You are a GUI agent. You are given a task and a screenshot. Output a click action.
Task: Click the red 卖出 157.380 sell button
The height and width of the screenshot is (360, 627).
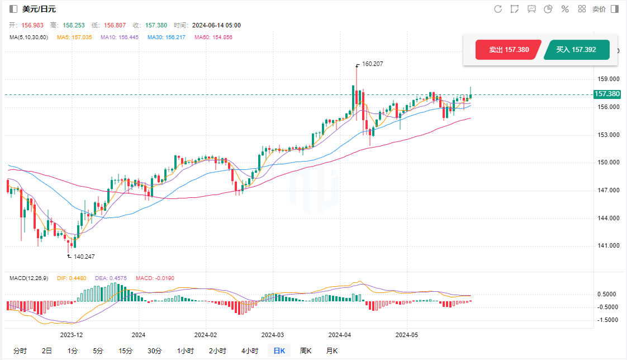508,50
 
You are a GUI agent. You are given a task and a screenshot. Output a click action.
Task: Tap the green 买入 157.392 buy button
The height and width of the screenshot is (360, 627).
576,50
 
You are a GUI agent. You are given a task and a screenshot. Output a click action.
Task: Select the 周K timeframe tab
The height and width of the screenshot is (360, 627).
306,351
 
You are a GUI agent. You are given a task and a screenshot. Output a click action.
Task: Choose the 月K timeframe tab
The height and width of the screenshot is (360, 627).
332,351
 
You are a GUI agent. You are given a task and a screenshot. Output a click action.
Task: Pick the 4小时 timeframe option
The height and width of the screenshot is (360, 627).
249,351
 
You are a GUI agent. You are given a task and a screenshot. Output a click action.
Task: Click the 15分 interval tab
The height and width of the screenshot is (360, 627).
125,351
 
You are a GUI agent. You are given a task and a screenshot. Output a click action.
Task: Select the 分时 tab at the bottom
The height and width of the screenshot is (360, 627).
20,351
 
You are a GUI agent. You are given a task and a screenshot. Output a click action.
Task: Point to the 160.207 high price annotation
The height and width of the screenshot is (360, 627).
372,64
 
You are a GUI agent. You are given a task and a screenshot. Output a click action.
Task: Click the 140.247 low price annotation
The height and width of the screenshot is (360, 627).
84,257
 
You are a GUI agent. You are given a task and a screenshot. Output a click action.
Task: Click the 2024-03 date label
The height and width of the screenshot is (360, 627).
272,335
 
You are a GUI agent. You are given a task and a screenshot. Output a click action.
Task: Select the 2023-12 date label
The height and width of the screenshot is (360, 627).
72,335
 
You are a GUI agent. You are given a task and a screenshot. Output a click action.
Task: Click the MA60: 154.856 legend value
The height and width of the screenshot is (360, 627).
213,37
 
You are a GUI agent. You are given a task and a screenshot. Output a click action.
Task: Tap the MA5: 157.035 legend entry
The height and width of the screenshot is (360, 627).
74,37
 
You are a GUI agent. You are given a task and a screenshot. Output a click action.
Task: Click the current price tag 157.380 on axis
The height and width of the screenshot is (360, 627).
607,94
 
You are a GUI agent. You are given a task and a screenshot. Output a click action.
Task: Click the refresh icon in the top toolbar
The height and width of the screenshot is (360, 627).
498,9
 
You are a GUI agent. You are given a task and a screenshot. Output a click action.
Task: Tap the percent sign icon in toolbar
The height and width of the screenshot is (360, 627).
565,9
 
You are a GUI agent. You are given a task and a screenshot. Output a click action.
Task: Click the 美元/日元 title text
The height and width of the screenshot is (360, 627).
39,9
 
